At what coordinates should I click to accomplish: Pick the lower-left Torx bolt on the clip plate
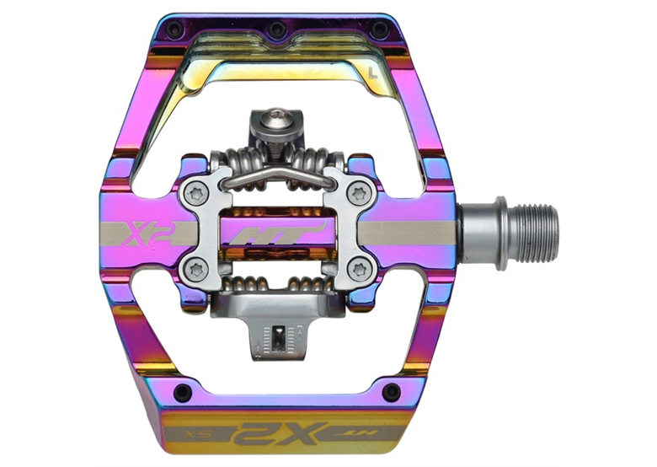195,270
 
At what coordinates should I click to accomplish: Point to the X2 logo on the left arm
145,232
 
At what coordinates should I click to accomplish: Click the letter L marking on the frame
373,76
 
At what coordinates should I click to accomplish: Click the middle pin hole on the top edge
276,31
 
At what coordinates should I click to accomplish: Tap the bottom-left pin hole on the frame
179,392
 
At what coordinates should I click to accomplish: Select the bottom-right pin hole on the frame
390,392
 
